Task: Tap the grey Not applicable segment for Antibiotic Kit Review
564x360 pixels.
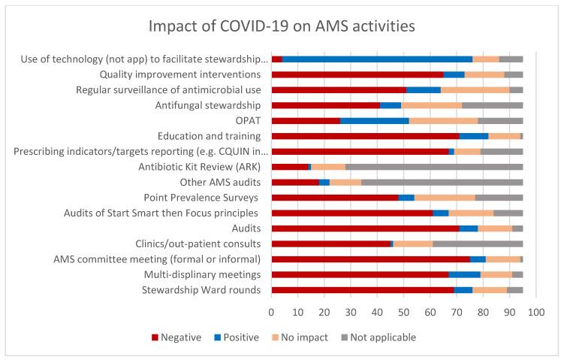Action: (434, 167)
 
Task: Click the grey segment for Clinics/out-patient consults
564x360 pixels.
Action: (478, 244)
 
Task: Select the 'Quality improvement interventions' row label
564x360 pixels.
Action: (180, 74)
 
